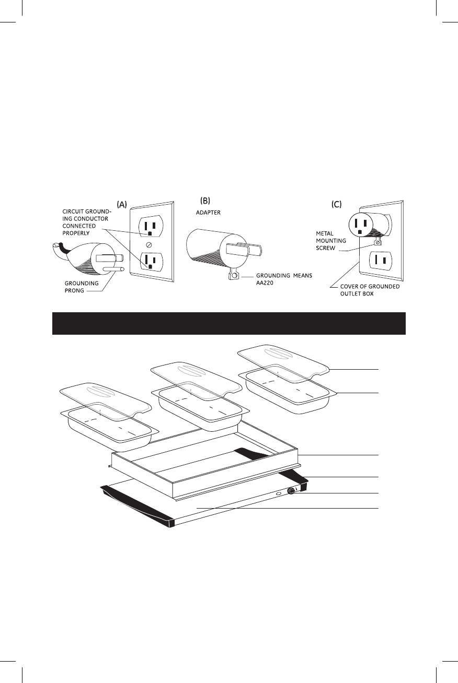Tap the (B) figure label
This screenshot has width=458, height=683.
point(205,200)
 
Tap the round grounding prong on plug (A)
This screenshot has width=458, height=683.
point(112,270)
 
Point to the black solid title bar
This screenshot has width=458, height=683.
point(229,323)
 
